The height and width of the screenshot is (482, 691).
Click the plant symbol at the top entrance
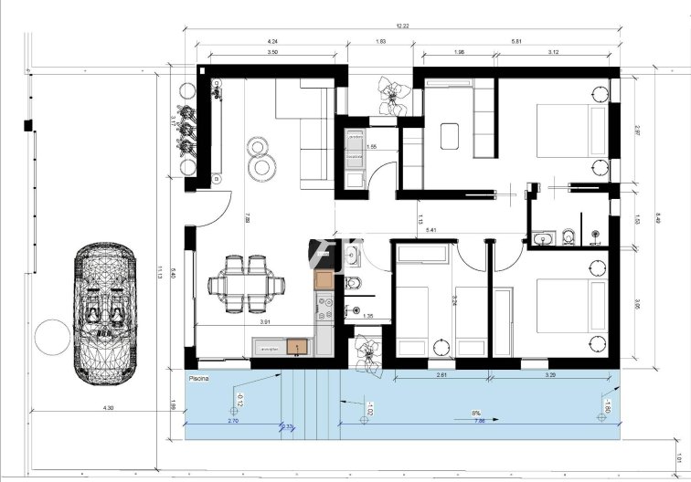[392, 94]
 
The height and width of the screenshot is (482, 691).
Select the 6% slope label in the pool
[475, 413]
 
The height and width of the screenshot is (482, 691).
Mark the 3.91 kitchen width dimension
[265, 322]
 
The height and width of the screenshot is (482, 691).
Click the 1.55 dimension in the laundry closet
[371, 147]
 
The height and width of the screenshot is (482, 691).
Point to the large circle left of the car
[52, 339]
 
